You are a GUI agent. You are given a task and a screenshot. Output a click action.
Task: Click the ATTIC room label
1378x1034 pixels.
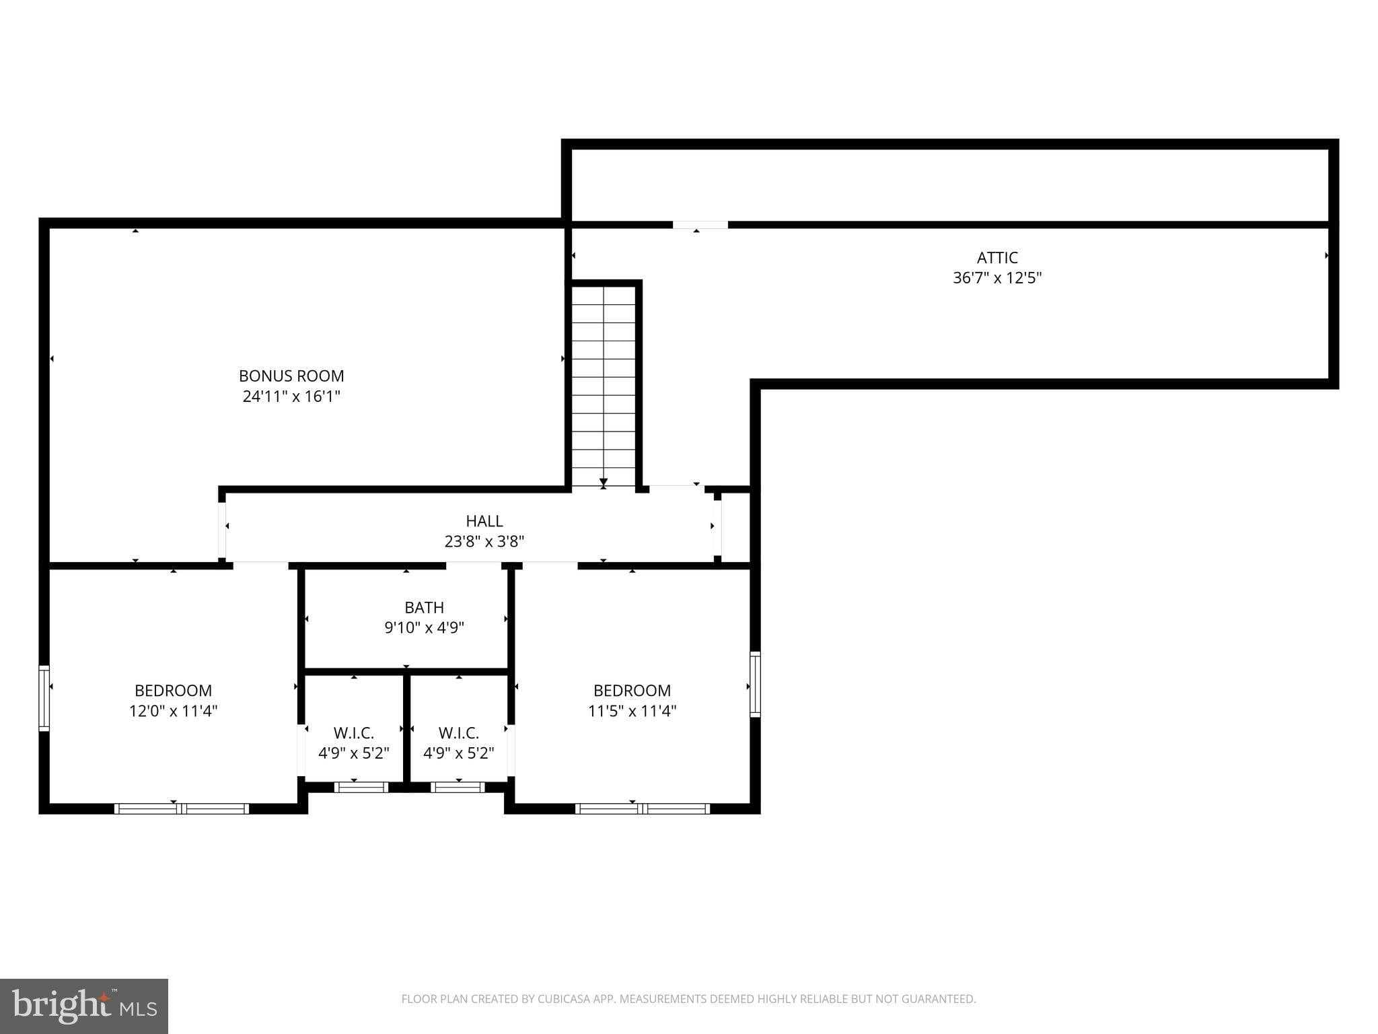[x=997, y=257]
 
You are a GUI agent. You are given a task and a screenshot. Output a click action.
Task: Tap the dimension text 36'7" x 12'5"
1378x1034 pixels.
[x=997, y=278]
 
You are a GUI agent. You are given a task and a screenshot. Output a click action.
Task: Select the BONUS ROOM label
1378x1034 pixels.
[x=291, y=376]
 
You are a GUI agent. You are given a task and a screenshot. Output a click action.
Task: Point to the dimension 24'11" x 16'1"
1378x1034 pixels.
[x=291, y=397]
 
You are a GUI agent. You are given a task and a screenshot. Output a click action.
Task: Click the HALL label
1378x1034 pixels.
[x=484, y=520]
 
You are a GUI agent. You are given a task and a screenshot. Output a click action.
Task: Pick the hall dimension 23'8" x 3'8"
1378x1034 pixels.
[x=484, y=541]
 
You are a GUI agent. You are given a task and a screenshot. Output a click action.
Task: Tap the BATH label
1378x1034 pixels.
[x=424, y=607]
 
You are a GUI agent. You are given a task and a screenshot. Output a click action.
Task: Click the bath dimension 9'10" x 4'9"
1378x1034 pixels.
[x=424, y=628]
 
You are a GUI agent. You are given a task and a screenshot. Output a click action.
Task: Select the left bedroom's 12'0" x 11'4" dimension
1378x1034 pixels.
[x=174, y=711]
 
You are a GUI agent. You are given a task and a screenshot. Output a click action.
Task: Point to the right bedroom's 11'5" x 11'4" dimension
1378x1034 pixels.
[x=632, y=711]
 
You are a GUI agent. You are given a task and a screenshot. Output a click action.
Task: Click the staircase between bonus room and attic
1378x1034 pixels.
[x=604, y=384]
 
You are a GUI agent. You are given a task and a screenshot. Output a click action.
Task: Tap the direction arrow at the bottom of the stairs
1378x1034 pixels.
[x=604, y=482]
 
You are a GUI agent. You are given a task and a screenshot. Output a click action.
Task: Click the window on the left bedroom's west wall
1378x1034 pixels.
[x=44, y=698]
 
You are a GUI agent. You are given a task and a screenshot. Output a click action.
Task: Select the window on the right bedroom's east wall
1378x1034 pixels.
[x=755, y=684]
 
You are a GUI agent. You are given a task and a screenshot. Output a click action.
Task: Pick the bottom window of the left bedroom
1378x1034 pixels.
[x=182, y=808]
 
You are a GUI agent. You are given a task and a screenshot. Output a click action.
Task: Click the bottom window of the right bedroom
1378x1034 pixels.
[x=643, y=808]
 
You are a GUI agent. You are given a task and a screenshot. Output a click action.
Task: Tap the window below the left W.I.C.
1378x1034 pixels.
[x=361, y=787]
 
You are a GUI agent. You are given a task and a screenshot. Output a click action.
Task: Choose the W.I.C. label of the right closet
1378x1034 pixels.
[x=459, y=732]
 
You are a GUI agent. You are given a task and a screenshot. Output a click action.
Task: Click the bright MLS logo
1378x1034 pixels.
[x=84, y=1006]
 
